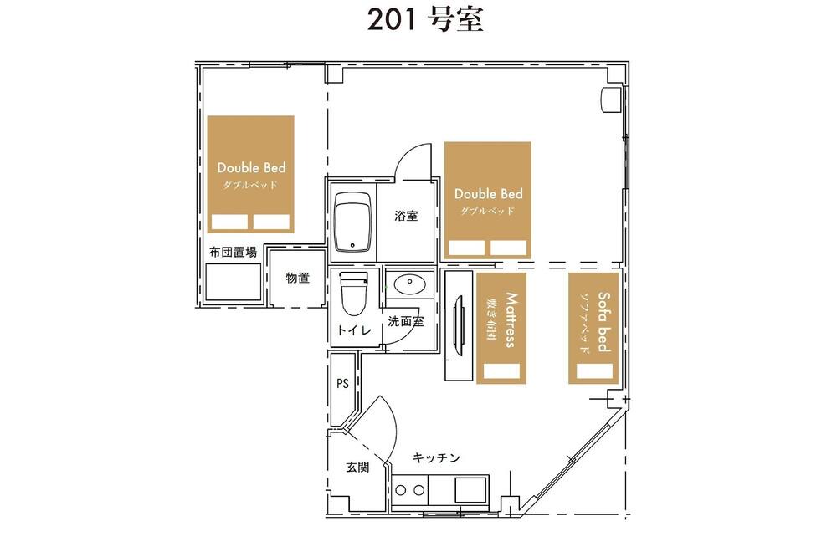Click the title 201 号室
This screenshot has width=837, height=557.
point(425,20)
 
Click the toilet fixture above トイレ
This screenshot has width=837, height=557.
point(353,294)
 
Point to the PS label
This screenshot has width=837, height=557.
point(342,383)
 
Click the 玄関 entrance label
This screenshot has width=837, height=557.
point(357,467)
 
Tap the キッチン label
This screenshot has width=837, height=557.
point(436,457)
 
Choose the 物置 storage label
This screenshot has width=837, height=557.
point(297,278)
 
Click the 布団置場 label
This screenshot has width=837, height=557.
point(233,252)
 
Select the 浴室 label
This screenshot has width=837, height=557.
point(406,216)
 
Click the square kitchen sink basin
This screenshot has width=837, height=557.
point(470,489)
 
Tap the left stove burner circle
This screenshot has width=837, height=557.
point(401,490)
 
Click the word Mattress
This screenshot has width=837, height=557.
point(511,319)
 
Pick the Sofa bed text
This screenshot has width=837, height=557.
point(603,322)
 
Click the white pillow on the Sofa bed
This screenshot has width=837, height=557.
point(594,371)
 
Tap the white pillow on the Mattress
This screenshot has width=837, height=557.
point(501,371)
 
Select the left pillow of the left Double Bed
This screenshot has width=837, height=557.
point(229,222)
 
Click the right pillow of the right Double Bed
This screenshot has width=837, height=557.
point(509,248)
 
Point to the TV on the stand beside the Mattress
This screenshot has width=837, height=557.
point(457,324)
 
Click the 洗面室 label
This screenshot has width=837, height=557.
point(406,321)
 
